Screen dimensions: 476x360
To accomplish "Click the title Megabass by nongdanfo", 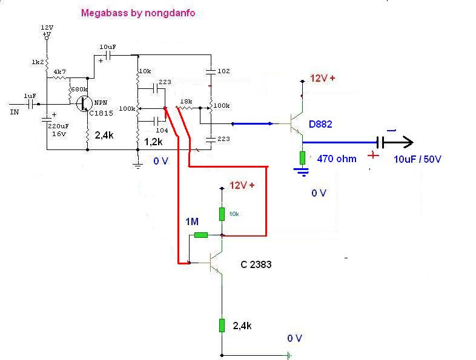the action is pos(138,13).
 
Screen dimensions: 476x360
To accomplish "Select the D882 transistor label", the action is pos(320,124).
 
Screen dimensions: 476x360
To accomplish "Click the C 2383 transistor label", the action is pos(256,264).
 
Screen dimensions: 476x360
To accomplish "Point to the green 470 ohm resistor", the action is pos(302,158).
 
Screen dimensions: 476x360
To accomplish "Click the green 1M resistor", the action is pos(200,235).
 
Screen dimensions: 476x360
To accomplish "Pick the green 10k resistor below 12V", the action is pos(222,214).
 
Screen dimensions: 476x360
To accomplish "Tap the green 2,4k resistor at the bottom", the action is pos(222,326).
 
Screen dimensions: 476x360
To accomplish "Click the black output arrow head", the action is pos(408,142).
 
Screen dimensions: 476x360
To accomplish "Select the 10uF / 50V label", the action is pos(417,159).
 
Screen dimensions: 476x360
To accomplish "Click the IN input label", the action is pos(15,112).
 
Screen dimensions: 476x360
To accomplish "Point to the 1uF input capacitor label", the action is pos(30,96).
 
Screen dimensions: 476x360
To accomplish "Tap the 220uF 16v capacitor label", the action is pos(58,130).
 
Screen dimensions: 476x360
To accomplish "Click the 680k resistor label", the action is pos(79,89).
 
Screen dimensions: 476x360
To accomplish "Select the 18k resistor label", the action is pos(186,101).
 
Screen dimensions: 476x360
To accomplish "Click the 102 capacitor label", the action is pos(223,71).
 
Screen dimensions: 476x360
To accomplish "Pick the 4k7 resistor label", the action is pos(59,72).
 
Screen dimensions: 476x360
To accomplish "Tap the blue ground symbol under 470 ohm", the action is pos(302,172).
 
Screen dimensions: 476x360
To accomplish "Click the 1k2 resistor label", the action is pos(38,62).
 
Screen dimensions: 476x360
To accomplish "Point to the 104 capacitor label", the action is pos(162,131).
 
